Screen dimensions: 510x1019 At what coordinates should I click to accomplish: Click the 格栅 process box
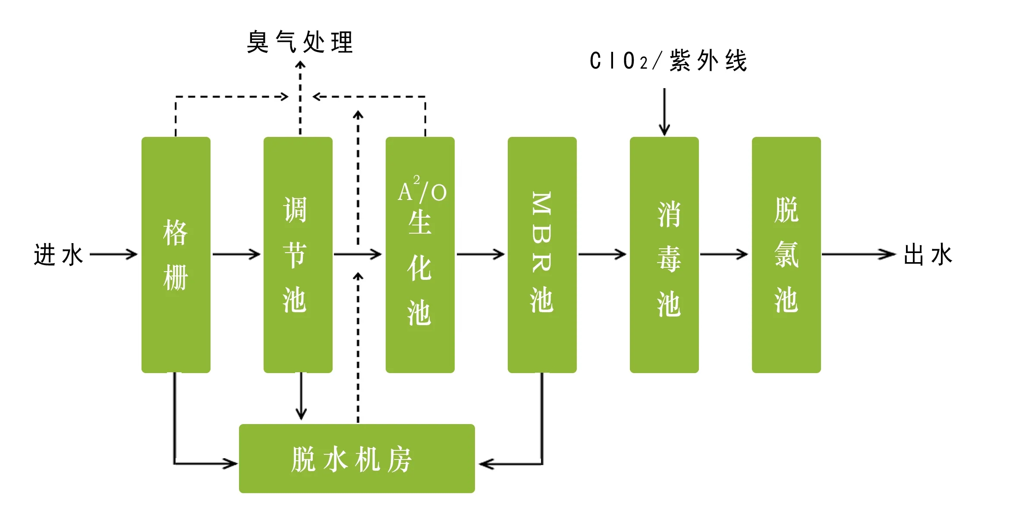tap(176, 255)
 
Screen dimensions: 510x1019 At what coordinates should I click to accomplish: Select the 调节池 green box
tap(298, 255)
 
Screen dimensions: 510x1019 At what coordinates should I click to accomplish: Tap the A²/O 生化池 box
tap(420, 255)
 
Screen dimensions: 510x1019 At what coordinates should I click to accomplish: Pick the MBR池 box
tap(542, 255)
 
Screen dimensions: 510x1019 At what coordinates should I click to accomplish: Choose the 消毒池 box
tap(664, 255)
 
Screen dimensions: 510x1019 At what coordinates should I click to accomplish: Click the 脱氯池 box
tap(786, 255)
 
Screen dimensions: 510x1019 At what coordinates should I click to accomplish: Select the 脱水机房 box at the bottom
tap(357, 459)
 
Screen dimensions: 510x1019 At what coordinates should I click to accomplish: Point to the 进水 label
tap(58, 254)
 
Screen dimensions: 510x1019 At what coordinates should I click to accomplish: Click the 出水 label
tap(928, 254)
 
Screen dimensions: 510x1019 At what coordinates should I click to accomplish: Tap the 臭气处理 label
tap(300, 42)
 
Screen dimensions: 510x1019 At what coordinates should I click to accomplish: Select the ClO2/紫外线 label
tap(668, 60)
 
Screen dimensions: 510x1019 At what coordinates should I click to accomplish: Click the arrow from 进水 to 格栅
tap(113, 254)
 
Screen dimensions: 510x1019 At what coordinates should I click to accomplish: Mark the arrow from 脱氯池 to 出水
tap(859, 254)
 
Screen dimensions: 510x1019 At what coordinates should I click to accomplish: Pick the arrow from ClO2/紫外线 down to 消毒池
tap(664, 112)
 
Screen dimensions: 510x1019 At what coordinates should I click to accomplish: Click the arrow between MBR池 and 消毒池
tap(602, 254)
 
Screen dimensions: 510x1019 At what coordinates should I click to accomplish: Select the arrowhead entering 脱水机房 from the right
tap(485, 464)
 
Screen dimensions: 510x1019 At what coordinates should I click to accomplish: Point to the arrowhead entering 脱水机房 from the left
tap(231, 464)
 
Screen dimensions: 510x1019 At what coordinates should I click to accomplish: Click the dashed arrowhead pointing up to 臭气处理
tap(300, 66)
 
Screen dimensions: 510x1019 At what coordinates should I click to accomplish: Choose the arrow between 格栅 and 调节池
tap(236, 254)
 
